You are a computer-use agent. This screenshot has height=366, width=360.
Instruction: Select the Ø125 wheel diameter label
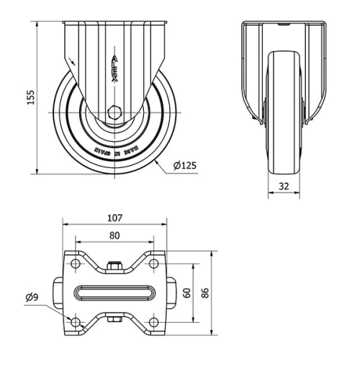click(185, 167)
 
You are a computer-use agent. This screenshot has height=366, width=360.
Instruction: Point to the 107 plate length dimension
click(115, 218)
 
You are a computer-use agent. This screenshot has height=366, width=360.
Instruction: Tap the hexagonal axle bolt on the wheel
click(114, 112)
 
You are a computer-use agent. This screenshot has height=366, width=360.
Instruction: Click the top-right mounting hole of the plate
click(153, 264)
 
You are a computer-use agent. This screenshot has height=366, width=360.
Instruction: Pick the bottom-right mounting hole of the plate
click(153, 321)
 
